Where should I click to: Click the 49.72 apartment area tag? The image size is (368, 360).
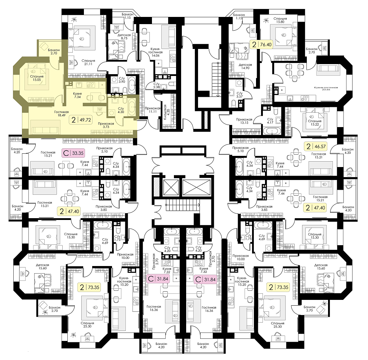point(81,120)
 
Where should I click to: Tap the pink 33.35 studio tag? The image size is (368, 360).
point(73,153)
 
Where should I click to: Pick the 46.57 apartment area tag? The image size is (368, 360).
point(315,147)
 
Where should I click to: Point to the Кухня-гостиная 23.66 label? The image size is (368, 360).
point(326,89)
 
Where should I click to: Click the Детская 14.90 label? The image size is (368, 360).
point(245,66)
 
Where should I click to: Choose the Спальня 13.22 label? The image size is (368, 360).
point(315,123)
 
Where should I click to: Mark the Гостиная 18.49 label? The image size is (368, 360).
point(61,114)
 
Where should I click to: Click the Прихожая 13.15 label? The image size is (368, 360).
point(244,121)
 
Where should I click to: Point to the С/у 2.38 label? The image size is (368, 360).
point(157,85)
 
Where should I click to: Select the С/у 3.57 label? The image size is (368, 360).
point(239,95)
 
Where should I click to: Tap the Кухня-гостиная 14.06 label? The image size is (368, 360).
point(156,52)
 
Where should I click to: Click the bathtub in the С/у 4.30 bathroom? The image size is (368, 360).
point(131,107)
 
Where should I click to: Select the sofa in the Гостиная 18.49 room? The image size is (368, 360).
point(45,130)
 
